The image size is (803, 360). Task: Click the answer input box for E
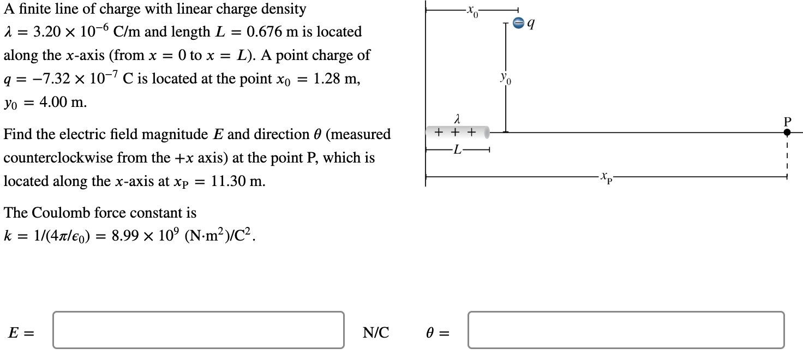(x=199, y=329)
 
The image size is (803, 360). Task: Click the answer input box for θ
(x=626, y=329)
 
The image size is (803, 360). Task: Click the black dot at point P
(x=787, y=132)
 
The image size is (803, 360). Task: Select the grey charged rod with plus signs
(x=457, y=132)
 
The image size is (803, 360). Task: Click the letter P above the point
(x=787, y=121)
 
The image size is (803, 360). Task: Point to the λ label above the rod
(x=457, y=118)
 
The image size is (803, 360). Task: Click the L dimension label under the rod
(x=457, y=151)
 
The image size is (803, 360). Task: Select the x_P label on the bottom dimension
(x=606, y=177)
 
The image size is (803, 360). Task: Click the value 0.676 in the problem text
(x=265, y=32)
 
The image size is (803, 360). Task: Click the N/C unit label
(x=376, y=332)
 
